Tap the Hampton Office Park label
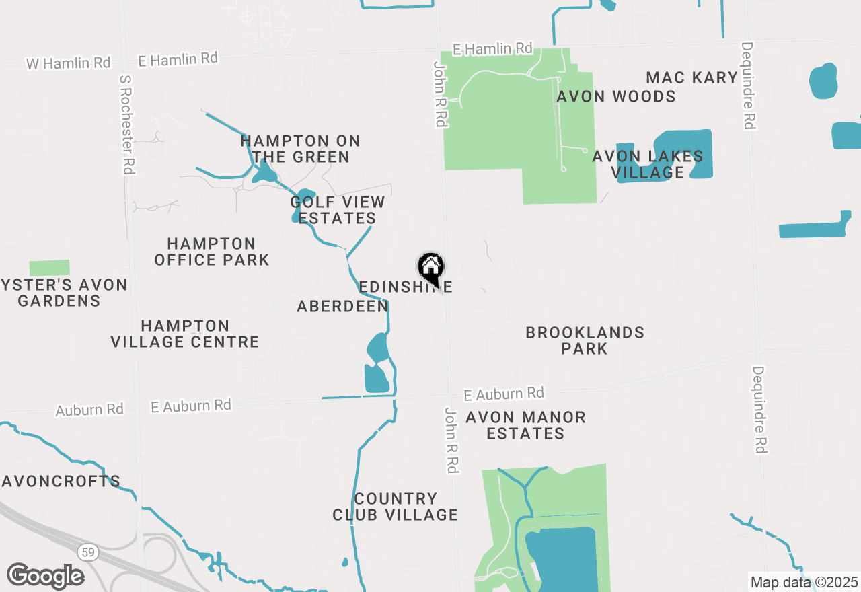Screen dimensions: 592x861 tap(211, 252)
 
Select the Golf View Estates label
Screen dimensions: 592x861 tap(338, 210)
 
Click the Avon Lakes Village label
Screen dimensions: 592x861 tap(648, 164)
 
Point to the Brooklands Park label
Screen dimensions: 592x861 tap(585, 340)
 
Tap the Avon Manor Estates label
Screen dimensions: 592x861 tap(525, 425)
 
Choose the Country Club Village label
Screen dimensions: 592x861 tap(396, 507)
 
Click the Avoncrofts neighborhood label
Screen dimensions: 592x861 tap(61, 482)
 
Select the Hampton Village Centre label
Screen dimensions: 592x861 tap(185, 334)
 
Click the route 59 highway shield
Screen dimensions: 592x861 tap(87, 552)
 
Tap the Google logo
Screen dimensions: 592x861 tap(45, 576)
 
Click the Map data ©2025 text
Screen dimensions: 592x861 tap(804, 582)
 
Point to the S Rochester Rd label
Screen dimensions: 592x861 tap(126, 124)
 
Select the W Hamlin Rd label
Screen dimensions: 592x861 tap(68, 63)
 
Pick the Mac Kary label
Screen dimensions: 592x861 tap(691, 77)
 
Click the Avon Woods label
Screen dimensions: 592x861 tap(616, 96)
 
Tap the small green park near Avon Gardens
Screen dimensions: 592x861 tap(49, 268)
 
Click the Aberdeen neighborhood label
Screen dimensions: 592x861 tap(342, 306)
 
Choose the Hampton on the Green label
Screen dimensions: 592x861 tap(300, 149)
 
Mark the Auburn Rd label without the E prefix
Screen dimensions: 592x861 tap(89, 410)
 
